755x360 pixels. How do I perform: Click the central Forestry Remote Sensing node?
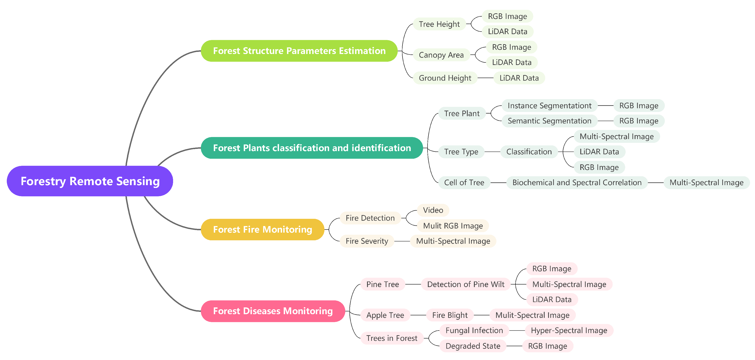tap(90, 181)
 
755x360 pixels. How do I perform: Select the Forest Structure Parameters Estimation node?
tap(299, 51)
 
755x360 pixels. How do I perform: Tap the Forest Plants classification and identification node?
tap(312, 148)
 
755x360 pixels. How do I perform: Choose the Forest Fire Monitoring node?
tap(262, 229)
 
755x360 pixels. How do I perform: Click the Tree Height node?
tap(439, 24)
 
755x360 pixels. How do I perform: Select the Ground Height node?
tap(445, 78)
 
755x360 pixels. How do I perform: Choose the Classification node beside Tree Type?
tap(529, 152)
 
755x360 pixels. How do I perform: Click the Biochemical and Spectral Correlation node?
tap(577, 183)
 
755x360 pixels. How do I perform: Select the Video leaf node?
tap(433, 210)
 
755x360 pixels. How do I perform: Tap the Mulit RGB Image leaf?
tap(453, 226)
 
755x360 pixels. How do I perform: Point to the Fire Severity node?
tap(367, 241)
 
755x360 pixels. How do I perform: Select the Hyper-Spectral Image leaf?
tap(569, 330)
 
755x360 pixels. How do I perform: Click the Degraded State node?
tap(473, 346)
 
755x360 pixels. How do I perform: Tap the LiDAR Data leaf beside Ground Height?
tap(519, 78)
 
